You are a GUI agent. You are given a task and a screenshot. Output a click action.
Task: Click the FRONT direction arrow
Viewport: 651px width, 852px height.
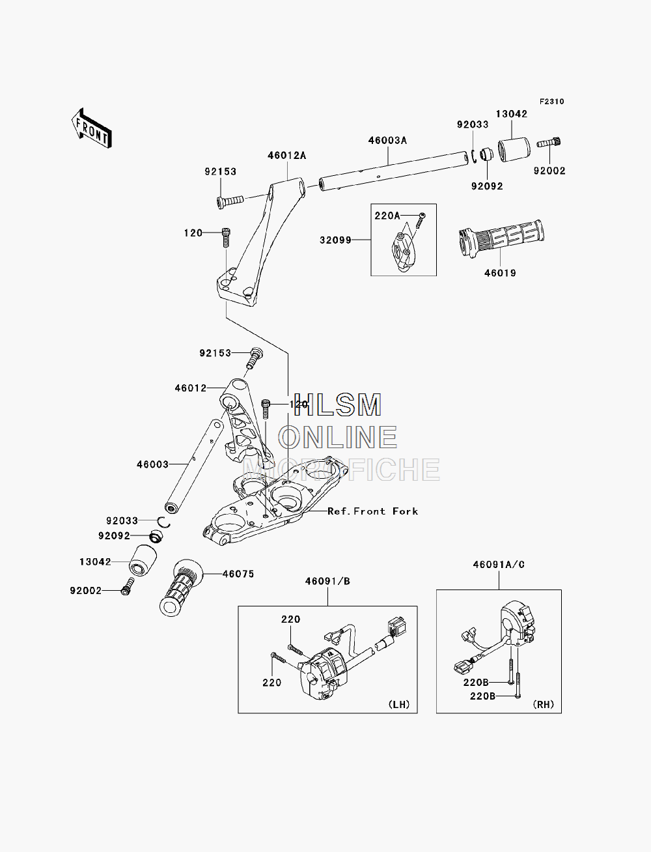point(91,128)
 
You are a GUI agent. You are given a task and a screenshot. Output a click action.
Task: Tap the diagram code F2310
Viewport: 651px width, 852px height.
point(551,102)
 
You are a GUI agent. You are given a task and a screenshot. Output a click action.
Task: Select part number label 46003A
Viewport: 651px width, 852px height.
point(387,140)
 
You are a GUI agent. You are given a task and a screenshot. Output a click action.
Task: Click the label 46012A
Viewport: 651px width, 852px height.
point(286,156)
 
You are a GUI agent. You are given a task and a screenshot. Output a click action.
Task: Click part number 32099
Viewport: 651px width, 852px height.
point(335,240)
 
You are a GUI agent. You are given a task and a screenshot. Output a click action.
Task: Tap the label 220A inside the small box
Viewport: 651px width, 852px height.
point(387,216)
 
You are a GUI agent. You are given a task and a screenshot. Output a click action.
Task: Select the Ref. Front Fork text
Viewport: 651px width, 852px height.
point(373,511)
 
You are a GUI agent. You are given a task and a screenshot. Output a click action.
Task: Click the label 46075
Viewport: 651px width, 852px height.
point(238,574)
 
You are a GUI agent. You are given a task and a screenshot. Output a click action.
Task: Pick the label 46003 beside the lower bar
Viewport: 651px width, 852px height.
point(152,464)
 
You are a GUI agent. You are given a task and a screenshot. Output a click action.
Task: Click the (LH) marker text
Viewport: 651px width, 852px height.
point(399,704)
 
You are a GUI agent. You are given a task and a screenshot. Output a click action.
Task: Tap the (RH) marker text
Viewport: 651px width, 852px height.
point(544,704)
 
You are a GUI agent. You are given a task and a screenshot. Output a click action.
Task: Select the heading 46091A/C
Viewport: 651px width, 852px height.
point(499,565)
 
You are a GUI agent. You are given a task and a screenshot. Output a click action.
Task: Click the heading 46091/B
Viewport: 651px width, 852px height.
point(327,581)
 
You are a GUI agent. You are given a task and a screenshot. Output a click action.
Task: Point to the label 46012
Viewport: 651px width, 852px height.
point(191,388)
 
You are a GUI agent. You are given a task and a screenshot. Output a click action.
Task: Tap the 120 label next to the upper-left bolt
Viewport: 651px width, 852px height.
point(193,233)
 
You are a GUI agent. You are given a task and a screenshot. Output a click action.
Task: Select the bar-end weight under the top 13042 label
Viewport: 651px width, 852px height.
point(514,150)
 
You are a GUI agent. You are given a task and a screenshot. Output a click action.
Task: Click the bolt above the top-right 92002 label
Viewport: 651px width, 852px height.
point(549,143)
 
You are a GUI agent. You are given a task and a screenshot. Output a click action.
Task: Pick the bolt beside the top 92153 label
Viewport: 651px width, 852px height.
point(229,201)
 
